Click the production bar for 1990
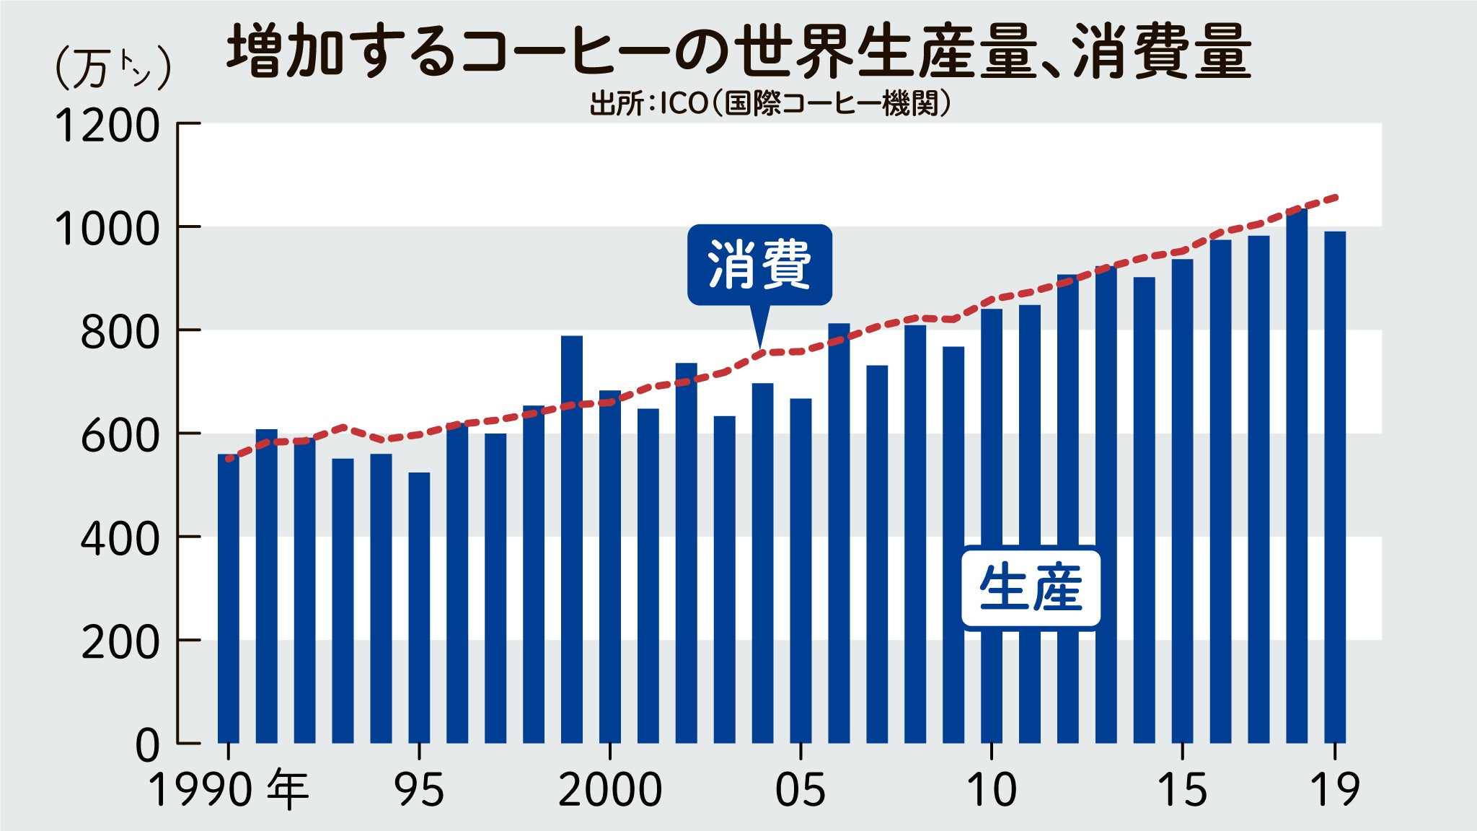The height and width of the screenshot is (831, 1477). (x=228, y=599)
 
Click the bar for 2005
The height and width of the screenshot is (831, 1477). (x=801, y=570)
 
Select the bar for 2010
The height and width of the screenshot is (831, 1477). (x=992, y=526)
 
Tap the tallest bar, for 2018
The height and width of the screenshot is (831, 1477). (x=1297, y=476)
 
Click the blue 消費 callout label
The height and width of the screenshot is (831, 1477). (x=759, y=265)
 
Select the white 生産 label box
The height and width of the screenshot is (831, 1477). (x=1031, y=589)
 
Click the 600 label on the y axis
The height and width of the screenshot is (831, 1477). (x=119, y=435)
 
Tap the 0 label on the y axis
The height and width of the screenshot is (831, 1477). (x=147, y=745)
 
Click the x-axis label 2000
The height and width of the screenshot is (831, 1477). (x=610, y=790)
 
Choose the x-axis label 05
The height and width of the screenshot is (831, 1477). (x=801, y=790)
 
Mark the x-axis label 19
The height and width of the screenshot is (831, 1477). (x=1335, y=790)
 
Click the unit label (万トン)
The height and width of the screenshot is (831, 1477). (x=113, y=69)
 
